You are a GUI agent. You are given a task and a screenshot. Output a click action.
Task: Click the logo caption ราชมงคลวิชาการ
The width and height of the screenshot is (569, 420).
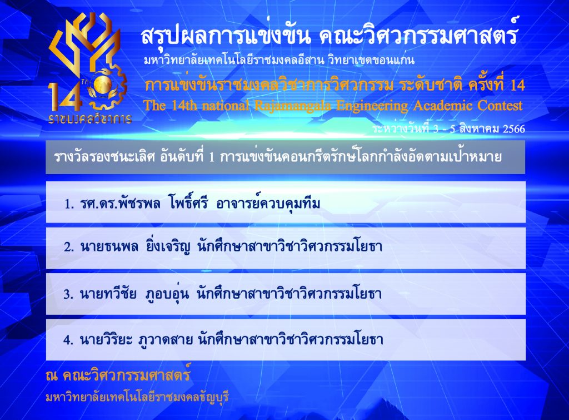point(89,119)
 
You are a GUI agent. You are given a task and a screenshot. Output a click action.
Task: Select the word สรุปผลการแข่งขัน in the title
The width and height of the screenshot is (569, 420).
point(225,36)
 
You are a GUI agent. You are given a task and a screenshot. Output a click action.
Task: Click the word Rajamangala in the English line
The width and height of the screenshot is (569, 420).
point(292,106)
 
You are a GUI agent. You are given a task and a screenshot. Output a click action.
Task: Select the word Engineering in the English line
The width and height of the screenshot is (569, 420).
point(372,106)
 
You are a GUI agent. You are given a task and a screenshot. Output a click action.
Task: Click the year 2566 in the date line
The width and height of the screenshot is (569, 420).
point(514,129)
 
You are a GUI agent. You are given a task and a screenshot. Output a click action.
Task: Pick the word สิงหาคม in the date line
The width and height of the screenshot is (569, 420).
point(480,129)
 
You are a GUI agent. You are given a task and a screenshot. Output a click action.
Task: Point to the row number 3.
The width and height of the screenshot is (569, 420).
point(68,294)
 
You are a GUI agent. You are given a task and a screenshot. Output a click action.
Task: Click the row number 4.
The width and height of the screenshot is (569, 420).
point(68,340)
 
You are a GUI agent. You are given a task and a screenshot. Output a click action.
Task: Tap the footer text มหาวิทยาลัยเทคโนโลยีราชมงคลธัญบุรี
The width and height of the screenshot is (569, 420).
point(137,397)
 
